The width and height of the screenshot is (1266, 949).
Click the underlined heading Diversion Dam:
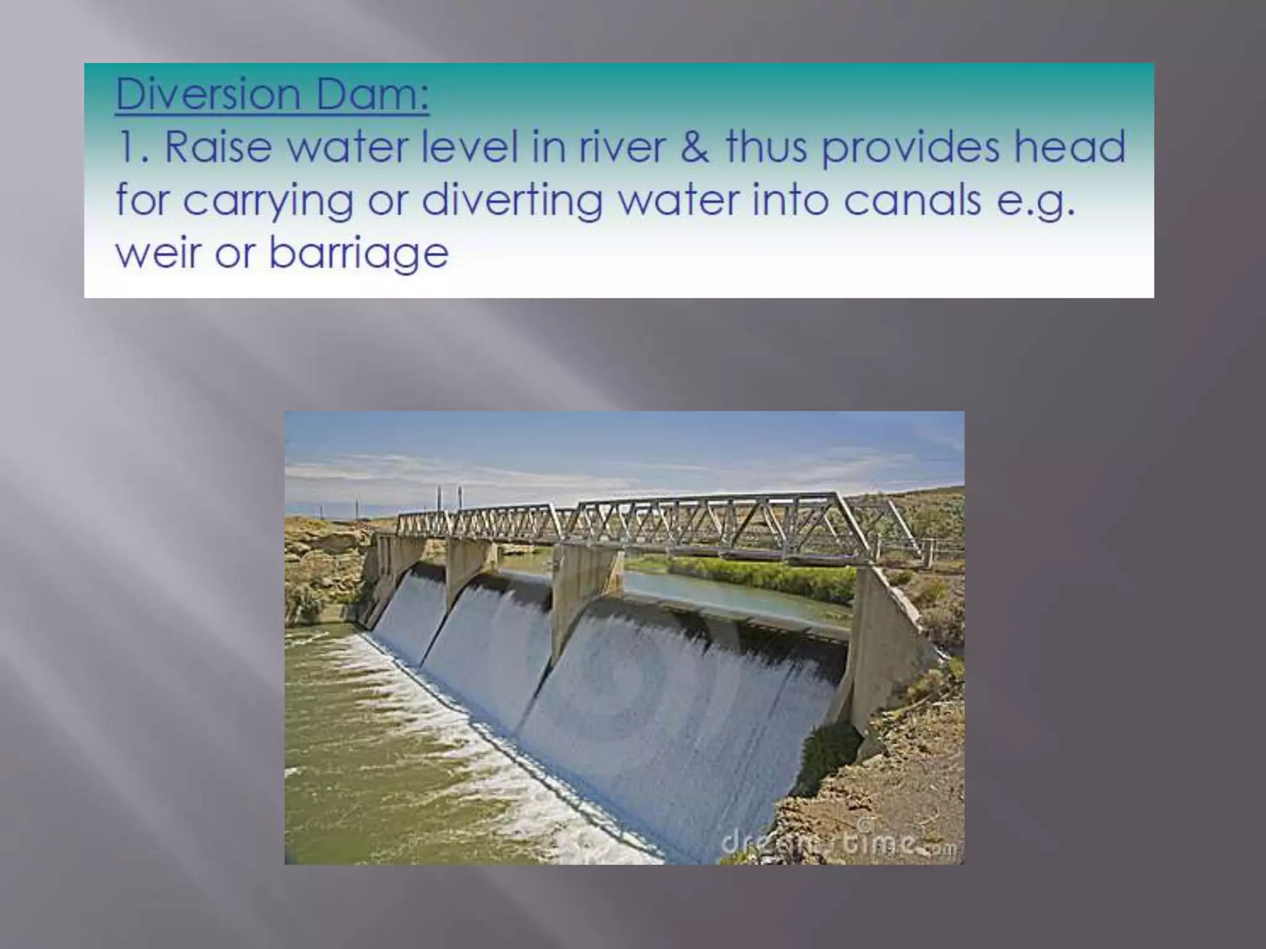point(272,94)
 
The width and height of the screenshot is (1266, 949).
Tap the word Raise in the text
point(218,147)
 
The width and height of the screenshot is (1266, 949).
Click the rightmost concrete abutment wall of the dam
point(884,649)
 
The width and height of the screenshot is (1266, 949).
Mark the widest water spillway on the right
point(686,711)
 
